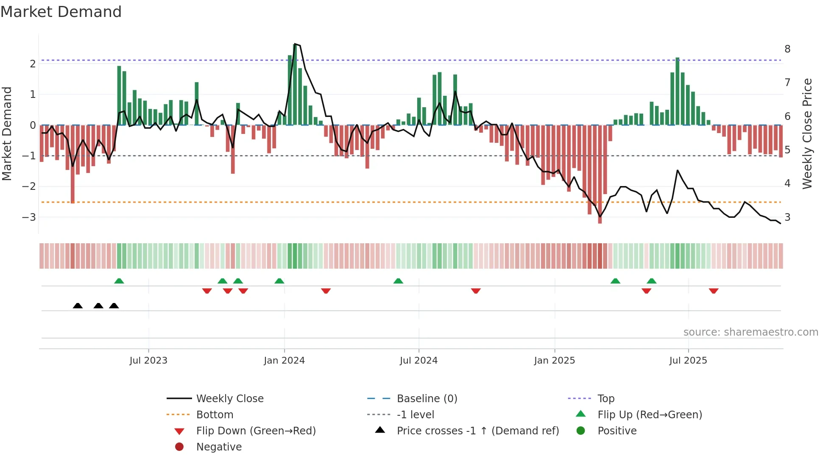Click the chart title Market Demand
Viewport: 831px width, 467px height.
tap(61, 12)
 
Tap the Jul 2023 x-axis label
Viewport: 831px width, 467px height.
tap(148, 361)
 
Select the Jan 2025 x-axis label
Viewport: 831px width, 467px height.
tap(554, 361)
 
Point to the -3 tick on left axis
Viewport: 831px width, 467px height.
tap(29, 217)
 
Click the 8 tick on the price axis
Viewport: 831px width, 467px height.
tap(787, 49)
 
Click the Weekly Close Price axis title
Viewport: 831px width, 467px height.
tap(807, 133)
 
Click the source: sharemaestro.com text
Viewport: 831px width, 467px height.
tap(750, 332)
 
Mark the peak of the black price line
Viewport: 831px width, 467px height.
tap(295, 44)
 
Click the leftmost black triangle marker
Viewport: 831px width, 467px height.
tap(78, 306)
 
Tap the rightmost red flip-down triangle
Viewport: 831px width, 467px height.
tap(714, 291)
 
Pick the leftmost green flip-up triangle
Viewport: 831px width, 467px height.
tap(119, 281)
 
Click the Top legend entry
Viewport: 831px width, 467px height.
tap(605, 399)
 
